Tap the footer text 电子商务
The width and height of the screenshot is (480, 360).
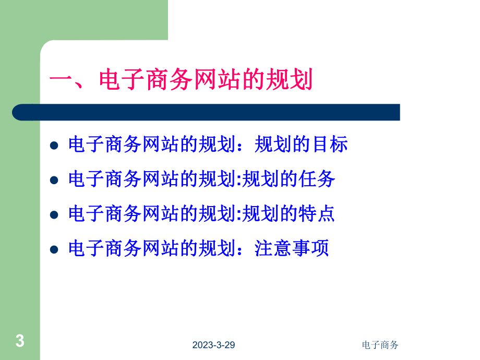point(380,345)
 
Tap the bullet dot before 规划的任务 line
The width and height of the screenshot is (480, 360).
point(53,181)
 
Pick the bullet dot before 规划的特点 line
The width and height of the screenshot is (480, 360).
point(53,215)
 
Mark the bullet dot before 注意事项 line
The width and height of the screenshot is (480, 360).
point(53,249)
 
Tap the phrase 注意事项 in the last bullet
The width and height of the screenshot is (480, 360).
point(292,248)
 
